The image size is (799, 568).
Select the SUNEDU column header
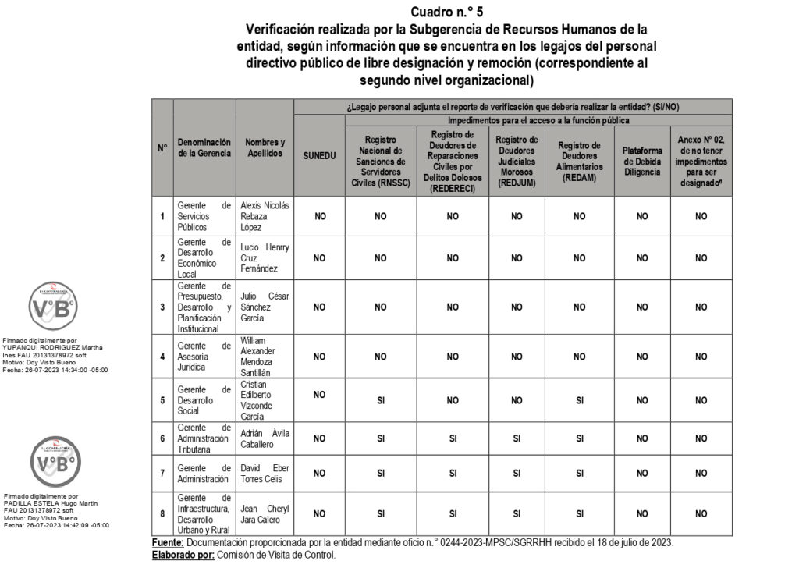(320, 156)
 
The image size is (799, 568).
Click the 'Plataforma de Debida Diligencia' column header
(642, 161)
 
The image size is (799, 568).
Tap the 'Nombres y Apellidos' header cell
(265, 148)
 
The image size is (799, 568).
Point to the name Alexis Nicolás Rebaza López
(265, 216)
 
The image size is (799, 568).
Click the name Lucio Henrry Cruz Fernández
(265, 258)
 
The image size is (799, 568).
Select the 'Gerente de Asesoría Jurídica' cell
(204, 357)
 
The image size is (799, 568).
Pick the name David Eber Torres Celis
(265, 473)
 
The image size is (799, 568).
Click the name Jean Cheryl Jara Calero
(265, 514)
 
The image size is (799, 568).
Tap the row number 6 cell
(162, 438)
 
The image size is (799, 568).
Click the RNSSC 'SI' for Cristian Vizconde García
(381, 400)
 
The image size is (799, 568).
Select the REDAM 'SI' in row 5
(579, 400)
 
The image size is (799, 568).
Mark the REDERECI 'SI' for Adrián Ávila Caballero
(453, 438)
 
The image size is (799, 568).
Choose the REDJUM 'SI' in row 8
(517, 514)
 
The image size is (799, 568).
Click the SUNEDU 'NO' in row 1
(320, 216)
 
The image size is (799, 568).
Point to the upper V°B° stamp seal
(53, 308)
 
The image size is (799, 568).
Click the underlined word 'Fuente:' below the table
(168, 543)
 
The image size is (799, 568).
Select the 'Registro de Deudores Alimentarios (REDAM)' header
(579, 161)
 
